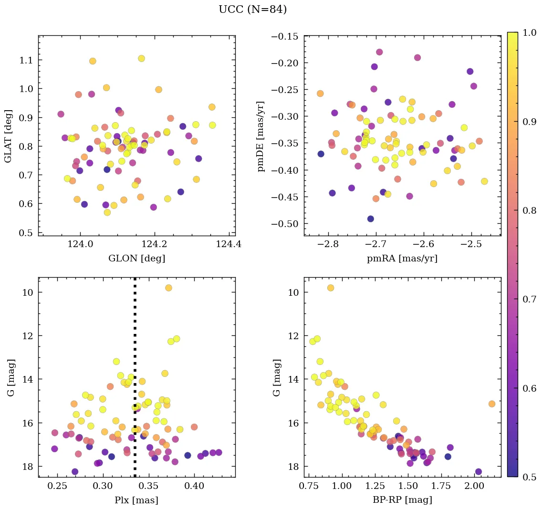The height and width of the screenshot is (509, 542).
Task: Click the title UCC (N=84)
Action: (x=252, y=10)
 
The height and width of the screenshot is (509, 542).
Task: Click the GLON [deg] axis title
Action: (x=136, y=259)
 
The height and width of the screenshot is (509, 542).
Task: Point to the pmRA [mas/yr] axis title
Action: (x=402, y=259)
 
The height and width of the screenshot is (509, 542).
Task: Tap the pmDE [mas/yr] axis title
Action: (x=261, y=136)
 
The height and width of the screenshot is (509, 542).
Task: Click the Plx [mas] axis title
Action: (x=136, y=500)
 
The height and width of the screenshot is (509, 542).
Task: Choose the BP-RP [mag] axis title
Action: (x=402, y=500)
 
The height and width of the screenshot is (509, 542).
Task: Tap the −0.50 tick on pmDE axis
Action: (x=285, y=224)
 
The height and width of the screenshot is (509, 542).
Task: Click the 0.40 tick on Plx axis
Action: (x=194, y=487)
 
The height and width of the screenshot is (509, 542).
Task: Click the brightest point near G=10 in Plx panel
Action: (x=168, y=288)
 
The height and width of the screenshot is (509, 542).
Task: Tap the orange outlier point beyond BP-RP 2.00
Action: (x=492, y=404)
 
